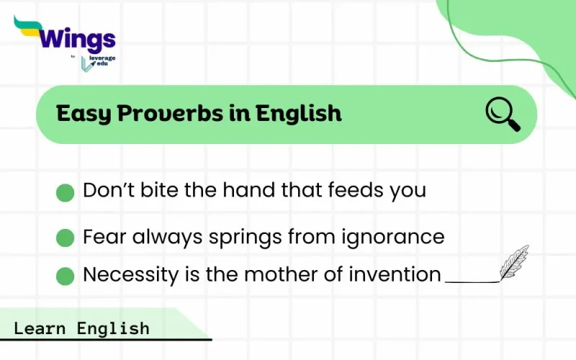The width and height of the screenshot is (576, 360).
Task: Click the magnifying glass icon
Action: coord(503,114)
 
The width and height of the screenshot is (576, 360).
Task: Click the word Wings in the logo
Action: coord(79,38)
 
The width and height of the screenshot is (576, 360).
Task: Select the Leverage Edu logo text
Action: coord(102,62)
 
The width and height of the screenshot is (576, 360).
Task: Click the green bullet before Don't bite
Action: coord(66,192)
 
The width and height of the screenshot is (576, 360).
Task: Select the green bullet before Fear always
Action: coord(66,238)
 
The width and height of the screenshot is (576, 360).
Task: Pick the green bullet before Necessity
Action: coord(66,276)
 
